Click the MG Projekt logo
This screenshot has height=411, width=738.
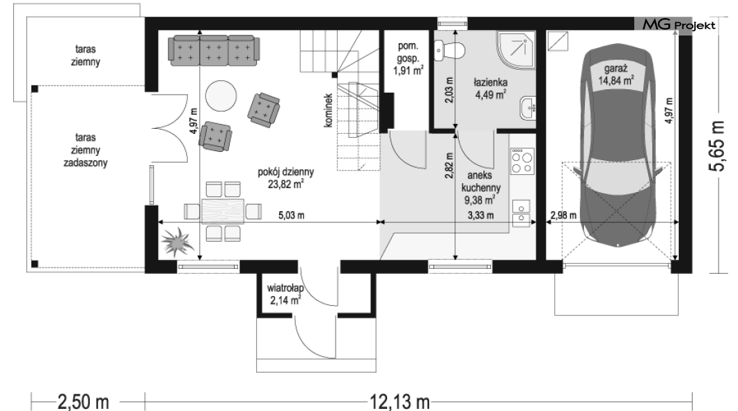[x=679, y=25]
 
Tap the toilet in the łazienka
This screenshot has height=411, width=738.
[x=449, y=49]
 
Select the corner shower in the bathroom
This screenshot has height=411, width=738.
[x=516, y=50]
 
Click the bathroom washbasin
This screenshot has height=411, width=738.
[x=528, y=108]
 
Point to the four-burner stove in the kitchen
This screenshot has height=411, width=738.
[x=522, y=160]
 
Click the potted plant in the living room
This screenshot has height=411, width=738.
[x=177, y=242]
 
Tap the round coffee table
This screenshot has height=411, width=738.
[x=221, y=95]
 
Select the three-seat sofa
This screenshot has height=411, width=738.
[x=214, y=52]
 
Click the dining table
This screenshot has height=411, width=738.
[x=223, y=210]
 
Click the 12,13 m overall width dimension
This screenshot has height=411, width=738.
[x=399, y=401]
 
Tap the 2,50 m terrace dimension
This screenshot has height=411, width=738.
[x=83, y=401]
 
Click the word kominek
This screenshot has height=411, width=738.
[x=328, y=110]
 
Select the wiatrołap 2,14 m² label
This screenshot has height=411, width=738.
[x=285, y=294]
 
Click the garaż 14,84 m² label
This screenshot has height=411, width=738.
[x=615, y=75]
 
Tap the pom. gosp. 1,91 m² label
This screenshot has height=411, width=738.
[x=408, y=59]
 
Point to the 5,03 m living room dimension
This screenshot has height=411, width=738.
[x=291, y=215]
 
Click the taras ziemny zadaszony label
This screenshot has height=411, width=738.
[x=85, y=150]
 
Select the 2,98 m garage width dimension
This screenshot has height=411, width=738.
[x=563, y=215]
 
